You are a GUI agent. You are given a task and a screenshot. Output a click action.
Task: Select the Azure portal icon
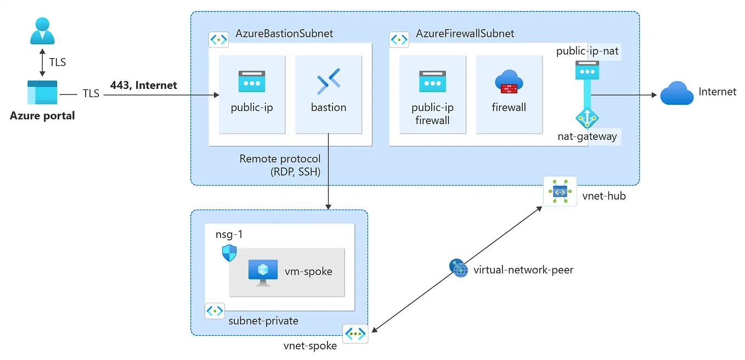pyautogui.click(x=42, y=92)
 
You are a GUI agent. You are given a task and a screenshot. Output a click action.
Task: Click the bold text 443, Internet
pyautogui.click(x=144, y=85)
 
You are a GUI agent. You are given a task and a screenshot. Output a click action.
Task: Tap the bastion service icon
pyautogui.click(x=329, y=82)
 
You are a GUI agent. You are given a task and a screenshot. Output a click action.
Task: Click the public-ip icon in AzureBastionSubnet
pyautogui.click(x=252, y=82)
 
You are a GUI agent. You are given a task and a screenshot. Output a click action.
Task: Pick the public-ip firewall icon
pyautogui.click(x=432, y=82)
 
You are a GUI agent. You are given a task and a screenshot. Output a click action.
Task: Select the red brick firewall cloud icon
pyautogui.click(x=509, y=82)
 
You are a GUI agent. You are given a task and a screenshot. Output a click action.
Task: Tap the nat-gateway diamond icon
pyautogui.click(x=586, y=118)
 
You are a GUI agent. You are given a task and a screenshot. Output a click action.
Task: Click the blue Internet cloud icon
pyautogui.click(x=677, y=93)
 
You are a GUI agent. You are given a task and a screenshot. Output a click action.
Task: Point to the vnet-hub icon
pyautogui.click(x=560, y=191)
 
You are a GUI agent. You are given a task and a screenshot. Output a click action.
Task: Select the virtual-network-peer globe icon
pyautogui.click(x=458, y=268)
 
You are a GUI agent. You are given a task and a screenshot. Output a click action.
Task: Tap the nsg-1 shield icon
pyautogui.click(x=229, y=254)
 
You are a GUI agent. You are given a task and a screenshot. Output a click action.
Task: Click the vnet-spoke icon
pyautogui.click(x=355, y=333)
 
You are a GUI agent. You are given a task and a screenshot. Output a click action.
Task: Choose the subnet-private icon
pyautogui.click(x=215, y=311)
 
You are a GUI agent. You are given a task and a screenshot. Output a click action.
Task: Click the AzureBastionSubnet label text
pyautogui.click(x=284, y=34)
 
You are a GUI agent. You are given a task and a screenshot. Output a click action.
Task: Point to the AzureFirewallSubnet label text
pyautogui.click(x=465, y=34)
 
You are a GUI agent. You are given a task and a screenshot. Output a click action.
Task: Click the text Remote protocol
pyautogui.click(x=280, y=159)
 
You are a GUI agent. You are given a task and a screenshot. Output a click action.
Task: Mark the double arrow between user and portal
pyautogui.click(x=42, y=62)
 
